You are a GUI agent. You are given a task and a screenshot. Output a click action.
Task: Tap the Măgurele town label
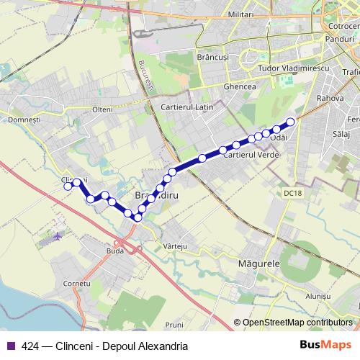(x=258, y=264)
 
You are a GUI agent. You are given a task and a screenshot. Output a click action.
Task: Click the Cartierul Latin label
(x=182, y=107)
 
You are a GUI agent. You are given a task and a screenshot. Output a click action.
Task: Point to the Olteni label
(x=103, y=109)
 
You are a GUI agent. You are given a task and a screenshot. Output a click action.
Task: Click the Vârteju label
(x=176, y=246)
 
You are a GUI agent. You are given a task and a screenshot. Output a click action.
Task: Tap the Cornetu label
(x=77, y=284)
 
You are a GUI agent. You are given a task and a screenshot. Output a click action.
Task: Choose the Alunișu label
(x=317, y=296)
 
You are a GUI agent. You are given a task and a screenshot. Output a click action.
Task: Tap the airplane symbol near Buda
(x=58, y=235)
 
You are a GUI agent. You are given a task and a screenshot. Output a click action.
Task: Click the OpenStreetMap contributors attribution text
(x=297, y=323)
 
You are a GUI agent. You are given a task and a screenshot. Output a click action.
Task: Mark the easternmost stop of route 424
(x=291, y=122)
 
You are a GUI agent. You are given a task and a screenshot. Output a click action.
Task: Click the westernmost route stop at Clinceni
(x=68, y=186)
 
